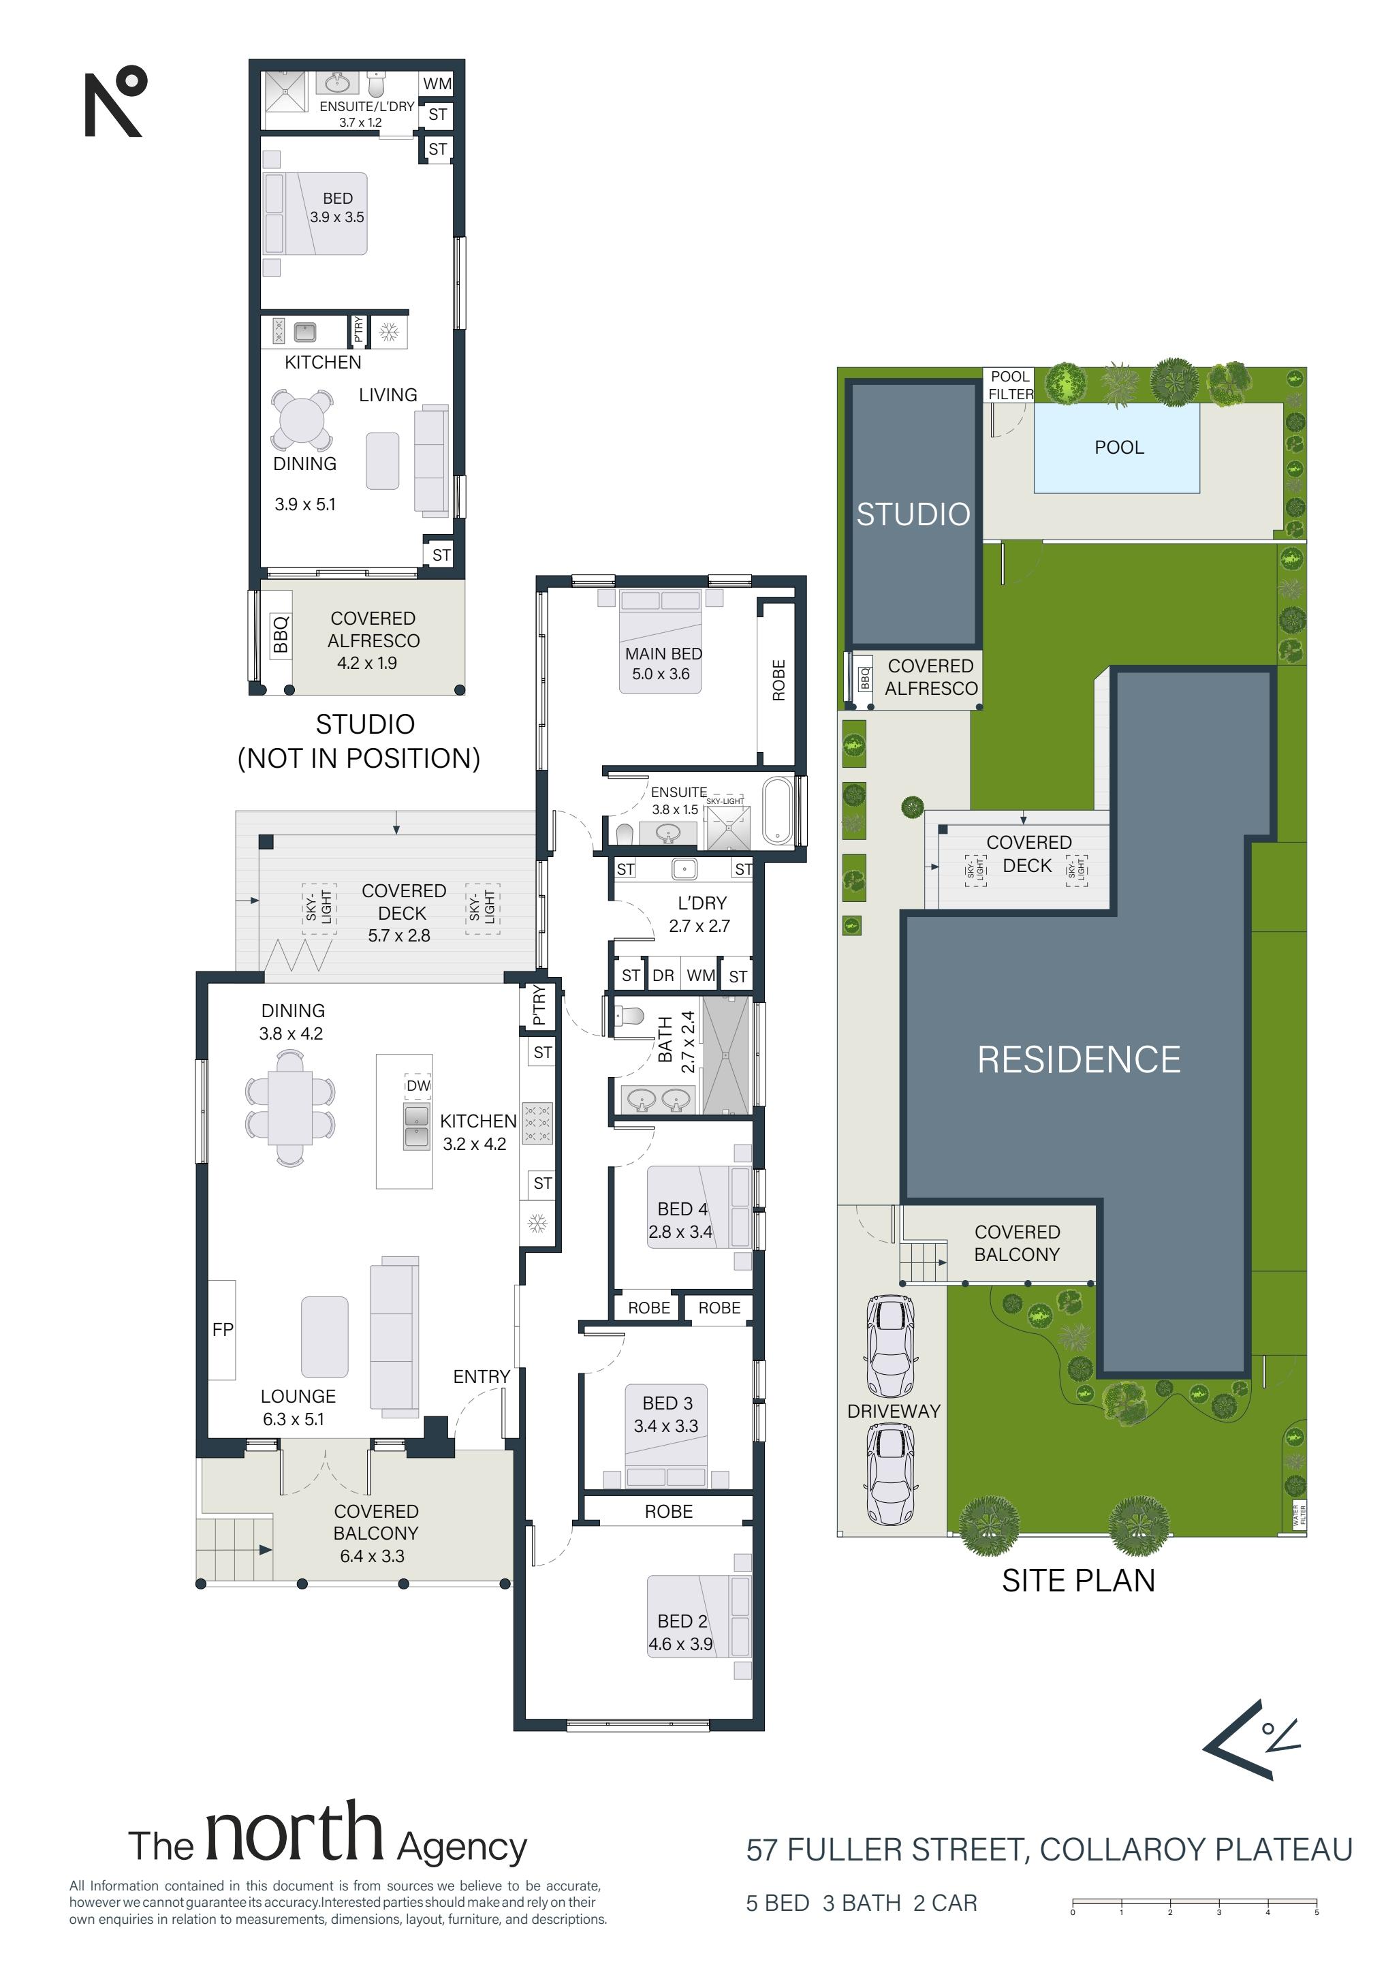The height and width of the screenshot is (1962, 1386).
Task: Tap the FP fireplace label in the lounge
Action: pos(222,1329)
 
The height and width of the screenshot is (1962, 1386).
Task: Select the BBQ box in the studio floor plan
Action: pos(281,635)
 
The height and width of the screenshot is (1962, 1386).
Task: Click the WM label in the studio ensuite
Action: pos(437,84)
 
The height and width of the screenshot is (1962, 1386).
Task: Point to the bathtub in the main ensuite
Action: pos(778,811)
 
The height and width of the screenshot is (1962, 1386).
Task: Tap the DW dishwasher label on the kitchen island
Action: pos(418,1085)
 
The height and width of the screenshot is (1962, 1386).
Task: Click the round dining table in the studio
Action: pos(302,420)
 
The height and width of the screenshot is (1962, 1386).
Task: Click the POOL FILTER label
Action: pos(1010,386)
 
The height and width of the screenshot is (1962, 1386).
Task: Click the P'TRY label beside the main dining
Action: pos(538,1005)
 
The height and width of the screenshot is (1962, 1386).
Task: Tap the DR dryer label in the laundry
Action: pos(663,975)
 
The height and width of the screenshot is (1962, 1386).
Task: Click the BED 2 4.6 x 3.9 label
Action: pos(680,1632)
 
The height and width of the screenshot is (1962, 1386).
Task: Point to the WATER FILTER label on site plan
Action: pos(1299,1515)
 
